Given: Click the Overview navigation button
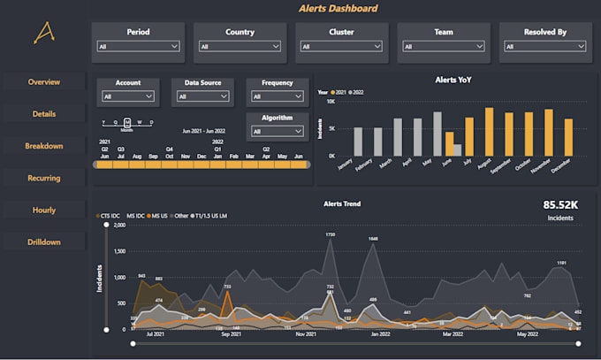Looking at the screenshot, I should (44, 82).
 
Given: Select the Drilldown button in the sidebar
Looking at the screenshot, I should (44, 241).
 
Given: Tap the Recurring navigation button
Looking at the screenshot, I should (44, 178).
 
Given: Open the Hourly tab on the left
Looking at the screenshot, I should (44, 210).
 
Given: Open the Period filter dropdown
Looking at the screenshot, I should (138, 47).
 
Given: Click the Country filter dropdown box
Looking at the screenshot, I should (240, 47).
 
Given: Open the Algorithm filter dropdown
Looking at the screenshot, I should (278, 131).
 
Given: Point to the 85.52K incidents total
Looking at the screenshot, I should (559, 204).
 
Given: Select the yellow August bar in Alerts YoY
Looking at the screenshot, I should (489, 132).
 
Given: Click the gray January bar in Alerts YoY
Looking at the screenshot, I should (358, 142).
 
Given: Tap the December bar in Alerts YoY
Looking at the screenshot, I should (568, 137).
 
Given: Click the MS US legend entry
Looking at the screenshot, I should (160, 215).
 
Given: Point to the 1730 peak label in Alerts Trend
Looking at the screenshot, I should (330, 234).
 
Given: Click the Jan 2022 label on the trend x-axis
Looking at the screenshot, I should (382, 334).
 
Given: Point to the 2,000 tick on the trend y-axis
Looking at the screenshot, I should (120, 226).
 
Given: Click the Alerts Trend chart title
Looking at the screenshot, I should (342, 203).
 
